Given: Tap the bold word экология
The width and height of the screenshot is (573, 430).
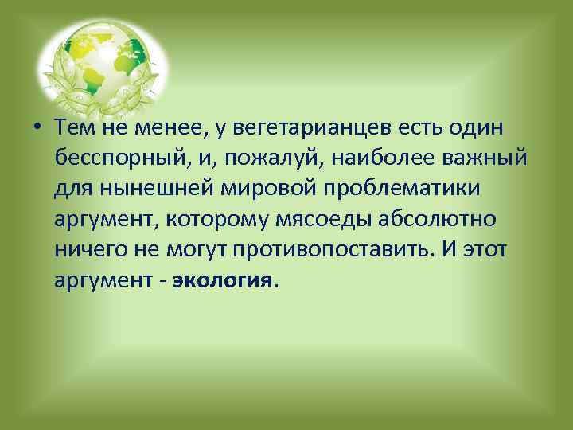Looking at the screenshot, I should click(222, 280).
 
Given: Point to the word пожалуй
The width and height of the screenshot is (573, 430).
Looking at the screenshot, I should click(267, 159).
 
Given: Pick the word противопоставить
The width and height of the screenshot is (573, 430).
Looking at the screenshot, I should click(331, 250).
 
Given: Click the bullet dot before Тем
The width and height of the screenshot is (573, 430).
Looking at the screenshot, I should click(38, 129).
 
